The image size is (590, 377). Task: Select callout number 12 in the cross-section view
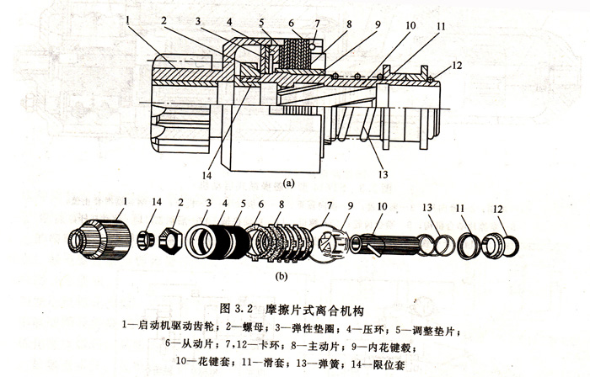[456, 65]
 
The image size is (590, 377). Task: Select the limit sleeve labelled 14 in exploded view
[144, 242]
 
